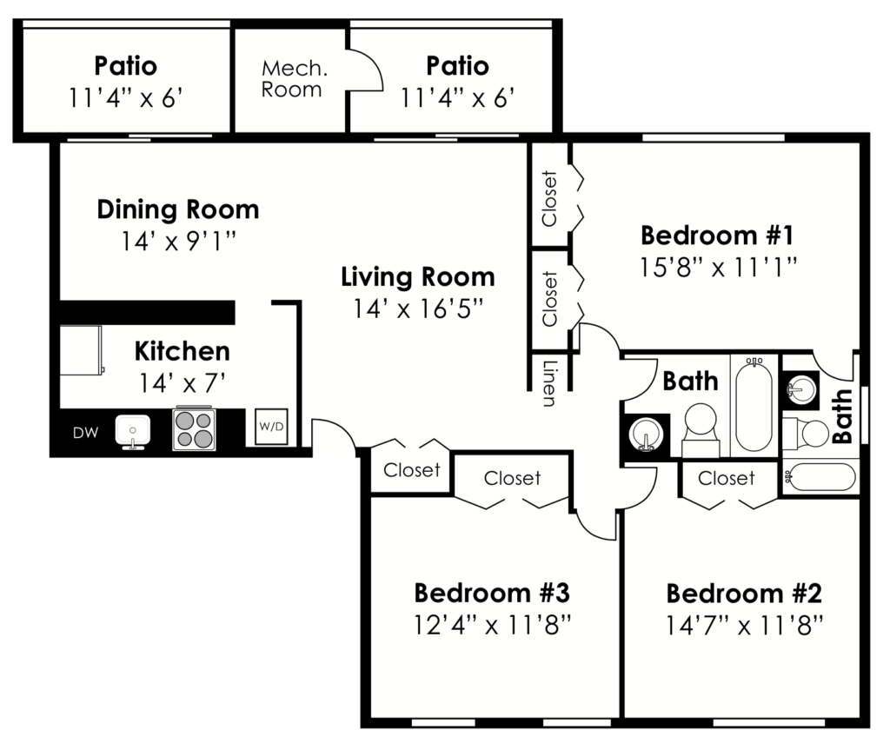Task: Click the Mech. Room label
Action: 291,78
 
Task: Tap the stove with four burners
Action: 195,428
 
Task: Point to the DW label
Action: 85,432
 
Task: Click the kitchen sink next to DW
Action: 132,430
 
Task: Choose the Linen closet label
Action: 549,383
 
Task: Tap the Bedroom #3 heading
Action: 491,594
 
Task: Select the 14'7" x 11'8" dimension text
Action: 744,624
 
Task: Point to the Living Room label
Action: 418,277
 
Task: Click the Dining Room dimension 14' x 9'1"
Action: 177,240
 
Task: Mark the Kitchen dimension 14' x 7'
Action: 182,382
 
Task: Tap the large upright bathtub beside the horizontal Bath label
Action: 754,406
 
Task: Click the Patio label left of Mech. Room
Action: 126,66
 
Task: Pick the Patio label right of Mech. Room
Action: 457,66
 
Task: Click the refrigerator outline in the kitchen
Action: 81,350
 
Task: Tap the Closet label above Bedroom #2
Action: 727,478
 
